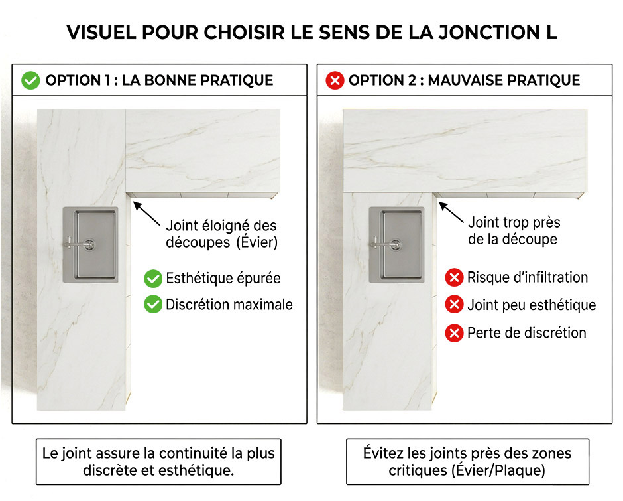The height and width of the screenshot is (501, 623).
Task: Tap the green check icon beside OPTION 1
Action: pyautogui.click(x=30, y=80)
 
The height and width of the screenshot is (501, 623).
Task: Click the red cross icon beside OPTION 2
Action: pyautogui.click(x=335, y=80)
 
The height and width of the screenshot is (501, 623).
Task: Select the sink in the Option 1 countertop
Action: pyautogui.click(x=91, y=245)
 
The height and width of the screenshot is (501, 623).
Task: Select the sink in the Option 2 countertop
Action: pyautogui.click(x=396, y=245)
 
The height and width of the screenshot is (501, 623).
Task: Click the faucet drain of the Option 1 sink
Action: pyautogui.click(x=89, y=244)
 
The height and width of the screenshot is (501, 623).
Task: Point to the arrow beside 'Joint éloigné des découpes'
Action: pyautogui.click(x=146, y=214)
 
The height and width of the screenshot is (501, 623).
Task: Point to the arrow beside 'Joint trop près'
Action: pyautogui.click(x=451, y=213)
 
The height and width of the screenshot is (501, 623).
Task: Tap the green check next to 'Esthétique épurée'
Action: pyautogui.click(x=153, y=279)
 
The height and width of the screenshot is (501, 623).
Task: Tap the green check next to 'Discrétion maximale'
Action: pyautogui.click(x=153, y=305)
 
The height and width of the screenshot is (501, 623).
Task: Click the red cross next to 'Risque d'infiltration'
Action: pyautogui.click(x=454, y=277)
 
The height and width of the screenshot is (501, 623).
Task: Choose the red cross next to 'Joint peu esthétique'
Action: pyautogui.click(x=454, y=305)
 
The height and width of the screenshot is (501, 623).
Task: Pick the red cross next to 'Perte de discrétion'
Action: pyautogui.click(x=454, y=332)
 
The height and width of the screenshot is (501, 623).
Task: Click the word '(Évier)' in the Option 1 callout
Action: pyautogui.click(x=257, y=242)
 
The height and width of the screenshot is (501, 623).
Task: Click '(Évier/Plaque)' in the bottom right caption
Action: pyautogui.click(x=498, y=470)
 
